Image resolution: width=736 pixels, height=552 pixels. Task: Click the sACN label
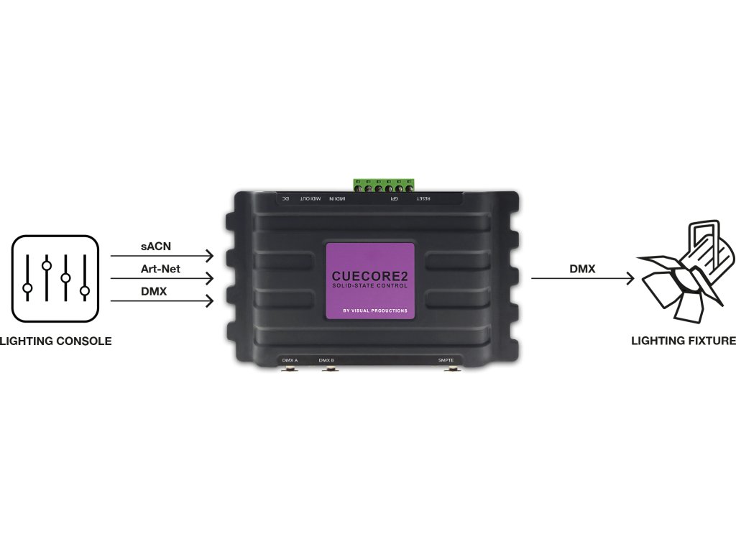(155, 247)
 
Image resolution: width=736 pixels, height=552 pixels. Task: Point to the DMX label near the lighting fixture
(582, 268)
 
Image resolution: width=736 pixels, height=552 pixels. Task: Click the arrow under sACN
(162, 256)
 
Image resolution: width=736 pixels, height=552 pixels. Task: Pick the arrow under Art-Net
(162, 278)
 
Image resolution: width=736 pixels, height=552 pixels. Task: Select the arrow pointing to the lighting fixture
(582, 279)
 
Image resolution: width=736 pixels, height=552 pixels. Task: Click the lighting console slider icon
(55, 278)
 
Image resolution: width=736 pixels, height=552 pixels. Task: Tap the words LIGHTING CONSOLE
(56, 341)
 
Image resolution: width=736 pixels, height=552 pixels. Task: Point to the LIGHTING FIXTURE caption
(684, 341)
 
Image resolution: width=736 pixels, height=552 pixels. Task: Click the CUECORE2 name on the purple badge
(370, 275)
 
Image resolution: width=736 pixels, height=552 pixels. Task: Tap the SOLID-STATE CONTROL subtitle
(370, 286)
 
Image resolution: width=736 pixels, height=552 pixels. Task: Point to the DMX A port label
(290, 359)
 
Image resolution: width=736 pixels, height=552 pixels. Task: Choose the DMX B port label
(326, 359)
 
